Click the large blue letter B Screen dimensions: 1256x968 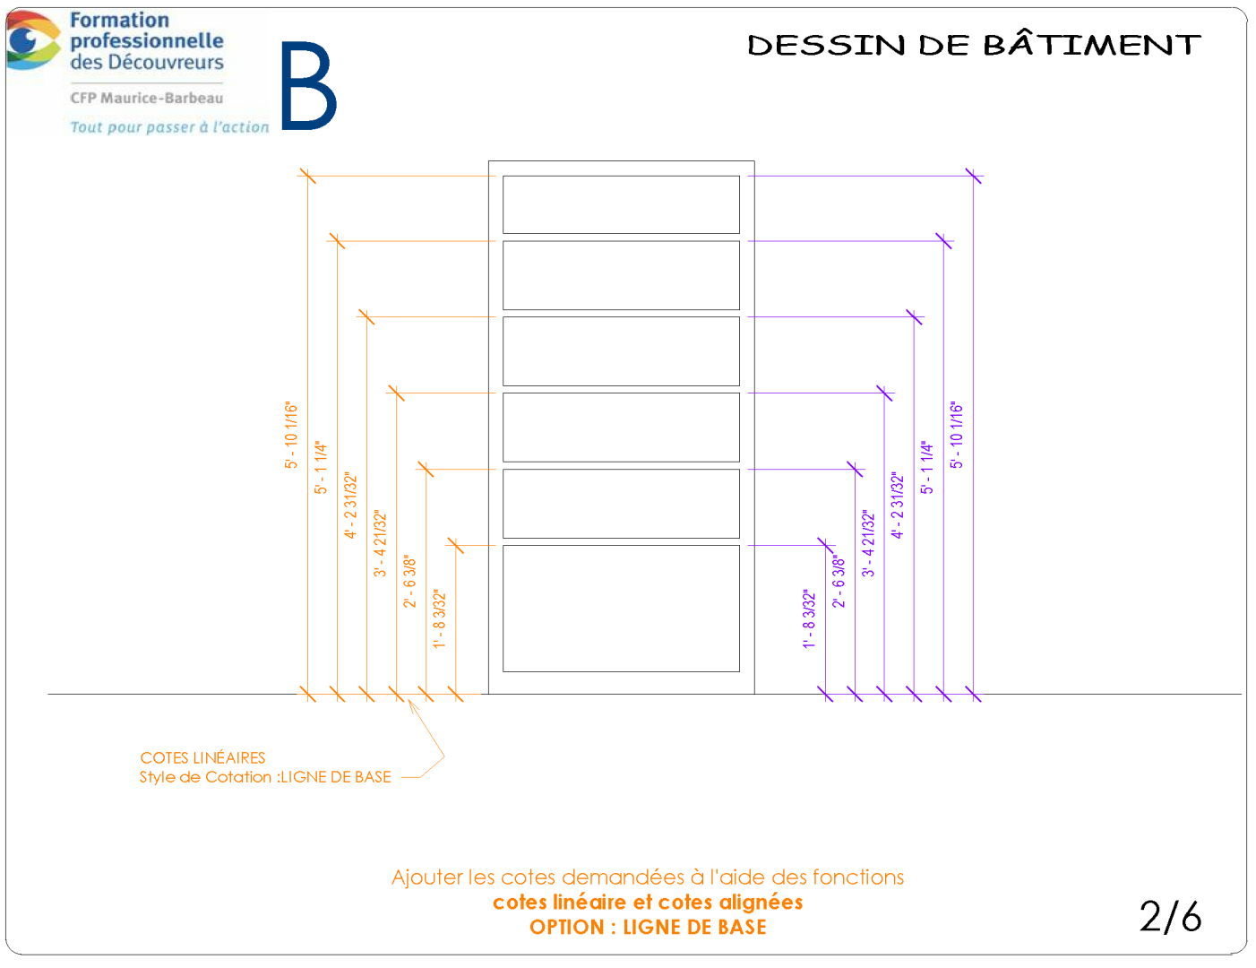click(x=309, y=85)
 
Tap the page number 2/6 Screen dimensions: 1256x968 click(x=1171, y=917)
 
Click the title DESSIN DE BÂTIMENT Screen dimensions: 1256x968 click(x=974, y=45)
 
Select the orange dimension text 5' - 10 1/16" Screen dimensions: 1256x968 click(x=291, y=435)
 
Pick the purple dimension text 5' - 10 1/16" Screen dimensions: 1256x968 click(x=957, y=435)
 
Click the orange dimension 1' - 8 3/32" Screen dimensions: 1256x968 click(x=439, y=618)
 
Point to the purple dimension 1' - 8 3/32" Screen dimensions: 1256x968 click(x=809, y=618)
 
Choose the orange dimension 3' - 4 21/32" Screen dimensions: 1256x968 click(x=380, y=543)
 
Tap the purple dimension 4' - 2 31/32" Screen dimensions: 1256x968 click(x=897, y=506)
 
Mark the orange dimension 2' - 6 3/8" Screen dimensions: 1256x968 click(x=409, y=582)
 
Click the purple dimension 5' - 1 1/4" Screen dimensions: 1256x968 click(x=926, y=467)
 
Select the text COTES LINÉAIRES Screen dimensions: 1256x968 click(x=202, y=757)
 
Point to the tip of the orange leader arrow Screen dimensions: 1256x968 click(x=409, y=700)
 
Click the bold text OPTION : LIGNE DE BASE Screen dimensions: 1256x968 click(x=648, y=927)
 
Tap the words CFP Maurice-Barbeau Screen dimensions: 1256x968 click(x=147, y=98)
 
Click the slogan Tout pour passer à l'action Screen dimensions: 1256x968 click(x=169, y=126)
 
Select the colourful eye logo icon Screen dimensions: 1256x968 click(x=32, y=39)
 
